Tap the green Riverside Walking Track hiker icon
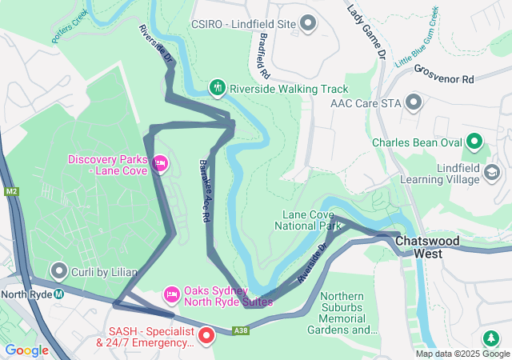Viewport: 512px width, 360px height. click(x=217, y=87)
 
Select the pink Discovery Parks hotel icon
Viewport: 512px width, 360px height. click(x=160, y=164)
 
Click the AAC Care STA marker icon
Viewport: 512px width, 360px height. click(x=414, y=102)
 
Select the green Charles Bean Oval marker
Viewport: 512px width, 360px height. click(x=474, y=142)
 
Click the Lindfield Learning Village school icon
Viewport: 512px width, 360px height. click(x=491, y=173)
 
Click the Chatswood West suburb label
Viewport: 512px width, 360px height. click(x=439, y=246)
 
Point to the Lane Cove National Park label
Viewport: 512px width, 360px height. click(x=312, y=220)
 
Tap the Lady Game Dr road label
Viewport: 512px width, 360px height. click(x=367, y=33)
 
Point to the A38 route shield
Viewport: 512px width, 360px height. click(x=241, y=330)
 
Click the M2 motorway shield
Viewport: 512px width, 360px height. click(x=11, y=192)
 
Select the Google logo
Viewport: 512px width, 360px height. click(x=26, y=350)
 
